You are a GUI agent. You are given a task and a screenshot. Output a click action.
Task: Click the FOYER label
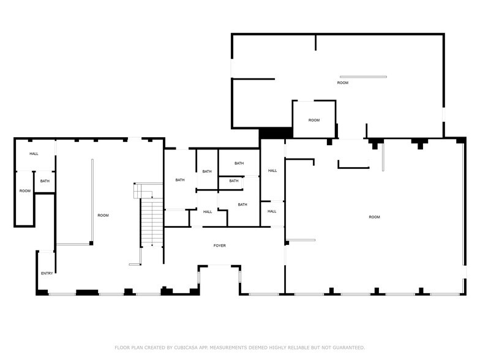pos(219,246)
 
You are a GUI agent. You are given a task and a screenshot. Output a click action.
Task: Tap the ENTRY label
pos(47,273)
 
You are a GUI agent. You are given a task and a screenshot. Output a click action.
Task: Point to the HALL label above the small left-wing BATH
pos(34,154)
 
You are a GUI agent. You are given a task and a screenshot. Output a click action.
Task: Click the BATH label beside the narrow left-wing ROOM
pos(45,181)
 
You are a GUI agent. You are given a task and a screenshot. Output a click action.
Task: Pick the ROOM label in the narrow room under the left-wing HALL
pos(24,191)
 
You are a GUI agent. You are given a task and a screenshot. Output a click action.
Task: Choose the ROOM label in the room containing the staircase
pos(103,216)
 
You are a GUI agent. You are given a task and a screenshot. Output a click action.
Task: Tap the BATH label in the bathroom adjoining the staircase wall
pos(180,180)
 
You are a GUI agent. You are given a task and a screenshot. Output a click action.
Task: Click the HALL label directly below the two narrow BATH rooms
pos(208,212)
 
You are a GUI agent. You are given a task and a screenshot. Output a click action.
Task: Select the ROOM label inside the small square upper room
pos(314,121)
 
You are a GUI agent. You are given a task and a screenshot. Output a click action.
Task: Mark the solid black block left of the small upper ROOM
pos(276,133)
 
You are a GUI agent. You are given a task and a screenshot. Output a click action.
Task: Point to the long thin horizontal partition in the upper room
pos(364,77)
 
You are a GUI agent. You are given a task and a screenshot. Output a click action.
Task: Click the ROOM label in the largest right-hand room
pos(374,217)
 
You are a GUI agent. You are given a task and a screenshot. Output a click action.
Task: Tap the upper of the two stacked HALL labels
pos(272,171)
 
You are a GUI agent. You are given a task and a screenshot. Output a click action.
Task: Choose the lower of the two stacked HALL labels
pos(272,211)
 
